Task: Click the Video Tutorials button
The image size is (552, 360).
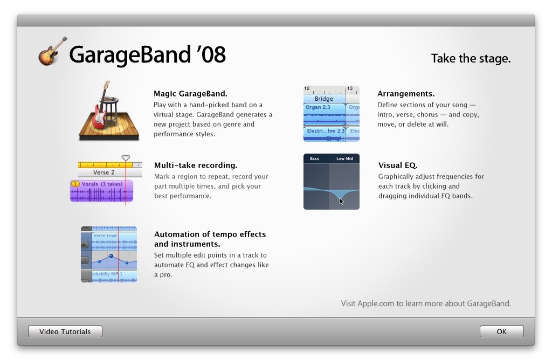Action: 65,331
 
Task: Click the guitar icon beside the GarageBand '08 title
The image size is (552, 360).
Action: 52,52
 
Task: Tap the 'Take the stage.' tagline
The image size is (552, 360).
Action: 471,58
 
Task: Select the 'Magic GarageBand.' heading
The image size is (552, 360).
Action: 190,94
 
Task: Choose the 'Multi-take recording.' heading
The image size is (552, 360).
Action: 196,165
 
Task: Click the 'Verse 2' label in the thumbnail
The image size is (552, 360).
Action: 104,172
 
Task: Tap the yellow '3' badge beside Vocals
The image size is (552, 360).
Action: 75,184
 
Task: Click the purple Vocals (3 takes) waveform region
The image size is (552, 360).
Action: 101,191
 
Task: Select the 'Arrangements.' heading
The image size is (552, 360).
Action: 406,94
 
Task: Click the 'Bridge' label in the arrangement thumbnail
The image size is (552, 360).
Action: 324,99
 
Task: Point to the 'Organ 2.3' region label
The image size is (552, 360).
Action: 318,107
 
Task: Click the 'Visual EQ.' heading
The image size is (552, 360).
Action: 398,165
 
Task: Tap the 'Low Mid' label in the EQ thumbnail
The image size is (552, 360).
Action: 344,158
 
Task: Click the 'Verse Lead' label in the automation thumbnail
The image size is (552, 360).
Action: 105,236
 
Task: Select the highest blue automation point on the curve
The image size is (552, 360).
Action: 111,256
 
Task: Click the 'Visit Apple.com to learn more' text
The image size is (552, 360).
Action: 426,303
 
